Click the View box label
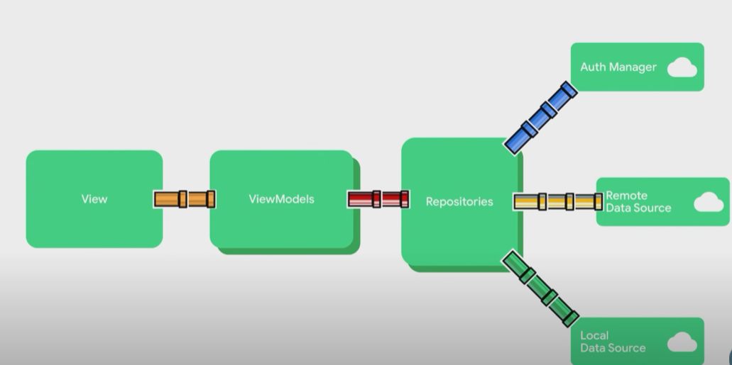click(x=94, y=199)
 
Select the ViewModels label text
click(x=281, y=199)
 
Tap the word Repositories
click(x=459, y=202)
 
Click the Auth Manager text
click(x=618, y=67)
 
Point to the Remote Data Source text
click(x=638, y=202)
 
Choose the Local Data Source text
click(x=612, y=342)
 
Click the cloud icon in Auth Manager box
click(x=682, y=68)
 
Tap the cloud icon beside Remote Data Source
click(x=708, y=203)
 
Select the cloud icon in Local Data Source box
click(x=682, y=342)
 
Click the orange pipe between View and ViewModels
click(x=185, y=199)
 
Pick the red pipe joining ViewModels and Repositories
click(x=378, y=199)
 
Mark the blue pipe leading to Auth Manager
click(x=540, y=117)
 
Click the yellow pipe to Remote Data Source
click(x=557, y=202)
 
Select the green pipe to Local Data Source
click(x=540, y=288)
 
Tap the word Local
click(x=594, y=336)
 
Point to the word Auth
click(x=593, y=67)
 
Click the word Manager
click(x=633, y=67)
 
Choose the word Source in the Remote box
click(x=653, y=208)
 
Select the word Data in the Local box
click(x=593, y=348)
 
